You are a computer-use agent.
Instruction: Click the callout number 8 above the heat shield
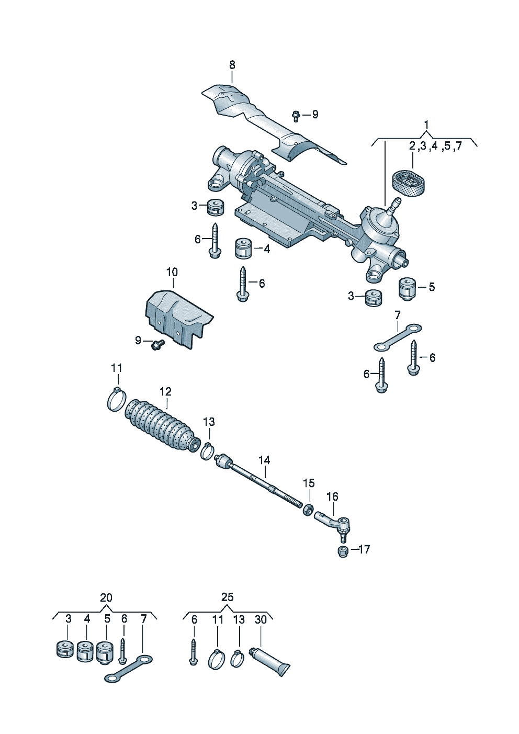[232, 65]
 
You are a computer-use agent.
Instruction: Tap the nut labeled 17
[342, 551]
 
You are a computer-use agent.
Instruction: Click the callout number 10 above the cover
[172, 272]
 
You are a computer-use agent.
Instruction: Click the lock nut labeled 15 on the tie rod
[309, 509]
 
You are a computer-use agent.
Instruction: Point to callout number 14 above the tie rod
[264, 460]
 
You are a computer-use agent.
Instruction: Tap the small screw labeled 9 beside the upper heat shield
[296, 114]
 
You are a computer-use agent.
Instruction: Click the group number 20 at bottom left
[106, 597]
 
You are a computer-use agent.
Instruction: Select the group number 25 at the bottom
[228, 597]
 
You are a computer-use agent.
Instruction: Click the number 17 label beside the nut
[364, 549]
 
